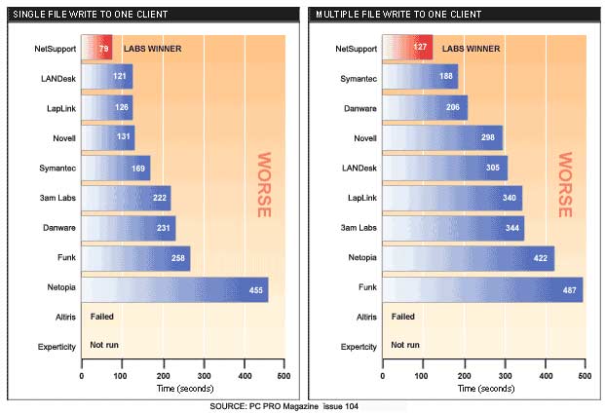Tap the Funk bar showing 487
click(x=481, y=288)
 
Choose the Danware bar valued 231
click(x=129, y=228)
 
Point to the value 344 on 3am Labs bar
click(x=509, y=228)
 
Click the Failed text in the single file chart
click(x=103, y=317)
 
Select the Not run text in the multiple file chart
click(x=405, y=345)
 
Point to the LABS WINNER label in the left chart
click(x=154, y=48)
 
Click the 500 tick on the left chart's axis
click(x=283, y=376)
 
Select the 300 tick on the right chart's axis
click(x=503, y=376)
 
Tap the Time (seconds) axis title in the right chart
click(x=482, y=388)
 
